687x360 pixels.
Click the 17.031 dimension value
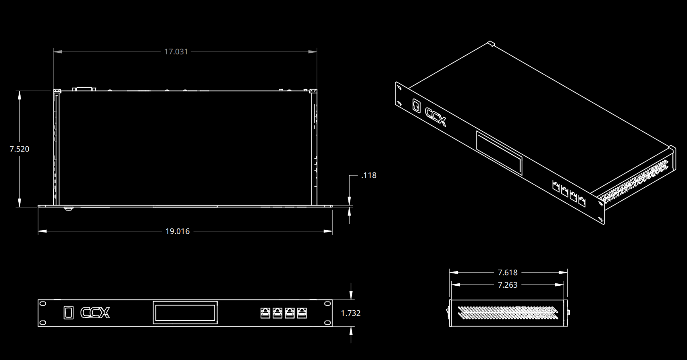click(176, 52)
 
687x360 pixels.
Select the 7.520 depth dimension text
click(19, 149)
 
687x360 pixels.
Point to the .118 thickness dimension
click(369, 175)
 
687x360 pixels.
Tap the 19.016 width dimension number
click(177, 231)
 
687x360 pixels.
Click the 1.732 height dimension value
click(351, 313)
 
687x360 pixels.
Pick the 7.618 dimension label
click(507, 273)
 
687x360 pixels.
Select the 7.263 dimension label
click(507, 285)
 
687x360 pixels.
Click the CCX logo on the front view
click(95, 313)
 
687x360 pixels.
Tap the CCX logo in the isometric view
click(435, 117)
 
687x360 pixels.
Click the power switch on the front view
click(69, 313)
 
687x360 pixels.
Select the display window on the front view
click(185, 313)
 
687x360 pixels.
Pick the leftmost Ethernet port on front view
click(265, 313)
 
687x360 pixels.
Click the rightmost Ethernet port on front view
click(302, 313)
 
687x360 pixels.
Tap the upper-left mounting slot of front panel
click(42, 303)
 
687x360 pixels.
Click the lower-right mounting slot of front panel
click(327, 322)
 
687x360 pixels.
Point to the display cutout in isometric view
click(499, 153)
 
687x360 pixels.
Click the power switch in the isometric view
click(416, 106)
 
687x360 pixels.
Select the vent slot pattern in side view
click(508, 313)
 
